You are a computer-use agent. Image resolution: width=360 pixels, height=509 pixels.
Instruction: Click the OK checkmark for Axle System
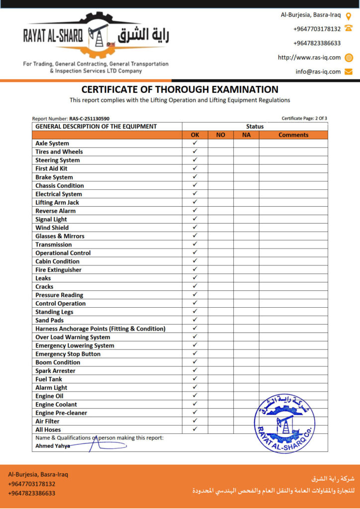(x=195, y=143)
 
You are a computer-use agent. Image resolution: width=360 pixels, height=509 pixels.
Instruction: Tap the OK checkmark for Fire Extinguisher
(x=195, y=269)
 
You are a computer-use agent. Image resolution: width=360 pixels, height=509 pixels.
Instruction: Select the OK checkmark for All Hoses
(x=195, y=429)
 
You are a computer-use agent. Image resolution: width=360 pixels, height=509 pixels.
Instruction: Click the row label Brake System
(x=54, y=177)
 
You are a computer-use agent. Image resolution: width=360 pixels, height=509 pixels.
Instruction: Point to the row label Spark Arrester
(x=55, y=371)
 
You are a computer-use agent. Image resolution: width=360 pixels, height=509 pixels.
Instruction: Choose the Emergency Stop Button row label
(x=68, y=354)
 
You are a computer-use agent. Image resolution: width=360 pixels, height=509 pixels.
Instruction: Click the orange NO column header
(x=220, y=135)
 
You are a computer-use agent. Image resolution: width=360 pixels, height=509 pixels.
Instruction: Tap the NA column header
(x=246, y=135)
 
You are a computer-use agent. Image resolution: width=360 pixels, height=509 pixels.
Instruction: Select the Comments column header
(x=293, y=135)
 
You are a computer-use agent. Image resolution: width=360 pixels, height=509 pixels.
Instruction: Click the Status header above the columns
(x=255, y=126)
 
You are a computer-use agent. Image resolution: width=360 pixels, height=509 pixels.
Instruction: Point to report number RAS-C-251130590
(x=90, y=119)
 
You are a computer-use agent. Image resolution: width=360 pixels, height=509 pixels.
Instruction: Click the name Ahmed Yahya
(x=52, y=446)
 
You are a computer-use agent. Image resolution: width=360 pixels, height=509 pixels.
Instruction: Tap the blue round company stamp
(x=284, y=424)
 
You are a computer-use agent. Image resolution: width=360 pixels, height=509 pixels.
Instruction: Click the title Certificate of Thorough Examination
(x=180, y=90)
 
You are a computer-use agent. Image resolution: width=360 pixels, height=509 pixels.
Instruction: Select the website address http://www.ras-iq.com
(x=309, y=58)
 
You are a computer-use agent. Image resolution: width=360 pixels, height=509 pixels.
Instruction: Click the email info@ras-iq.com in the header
(x=318, y=72)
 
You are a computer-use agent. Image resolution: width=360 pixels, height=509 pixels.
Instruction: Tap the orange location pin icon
(x=349, y=15)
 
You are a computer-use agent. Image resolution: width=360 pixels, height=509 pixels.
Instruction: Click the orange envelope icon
(x=349, y=72)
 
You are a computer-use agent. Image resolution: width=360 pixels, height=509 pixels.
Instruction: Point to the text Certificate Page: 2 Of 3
(x=304, y=118)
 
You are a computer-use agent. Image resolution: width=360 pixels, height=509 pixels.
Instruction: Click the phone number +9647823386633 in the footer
(x=32, y=493)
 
